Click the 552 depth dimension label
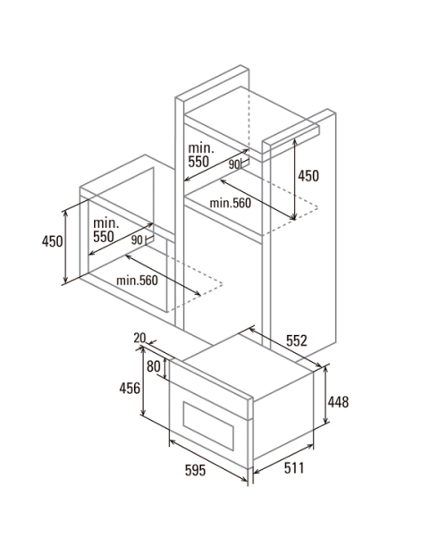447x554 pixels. (297, 340)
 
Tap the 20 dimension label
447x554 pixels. (139, 338)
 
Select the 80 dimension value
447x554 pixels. (154, 366)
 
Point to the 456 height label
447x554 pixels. (130, 388)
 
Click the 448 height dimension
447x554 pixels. (338, 402)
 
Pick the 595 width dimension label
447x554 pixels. (195, 470)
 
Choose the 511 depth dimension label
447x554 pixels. (294, 468)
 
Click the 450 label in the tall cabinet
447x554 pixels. (308, 176)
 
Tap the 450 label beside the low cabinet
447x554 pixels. (52, 241)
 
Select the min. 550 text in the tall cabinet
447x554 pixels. (201, 155)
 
